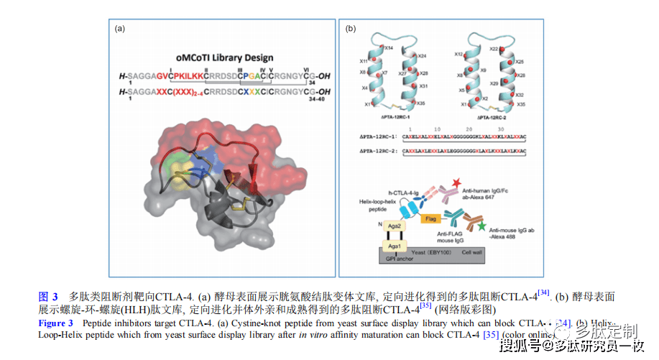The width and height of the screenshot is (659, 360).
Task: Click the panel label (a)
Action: click(120, 29)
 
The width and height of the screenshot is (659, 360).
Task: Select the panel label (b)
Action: click(351, 29)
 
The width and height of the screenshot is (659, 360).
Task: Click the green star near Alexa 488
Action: click(481, 227)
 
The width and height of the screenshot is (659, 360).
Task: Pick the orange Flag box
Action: click(431, 217)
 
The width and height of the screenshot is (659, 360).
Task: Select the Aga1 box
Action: click(393, 246)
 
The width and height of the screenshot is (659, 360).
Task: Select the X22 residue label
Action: click(493, 48)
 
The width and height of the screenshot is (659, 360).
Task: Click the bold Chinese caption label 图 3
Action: click(48, 296)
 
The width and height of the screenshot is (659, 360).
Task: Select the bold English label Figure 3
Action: click(55, 324)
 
